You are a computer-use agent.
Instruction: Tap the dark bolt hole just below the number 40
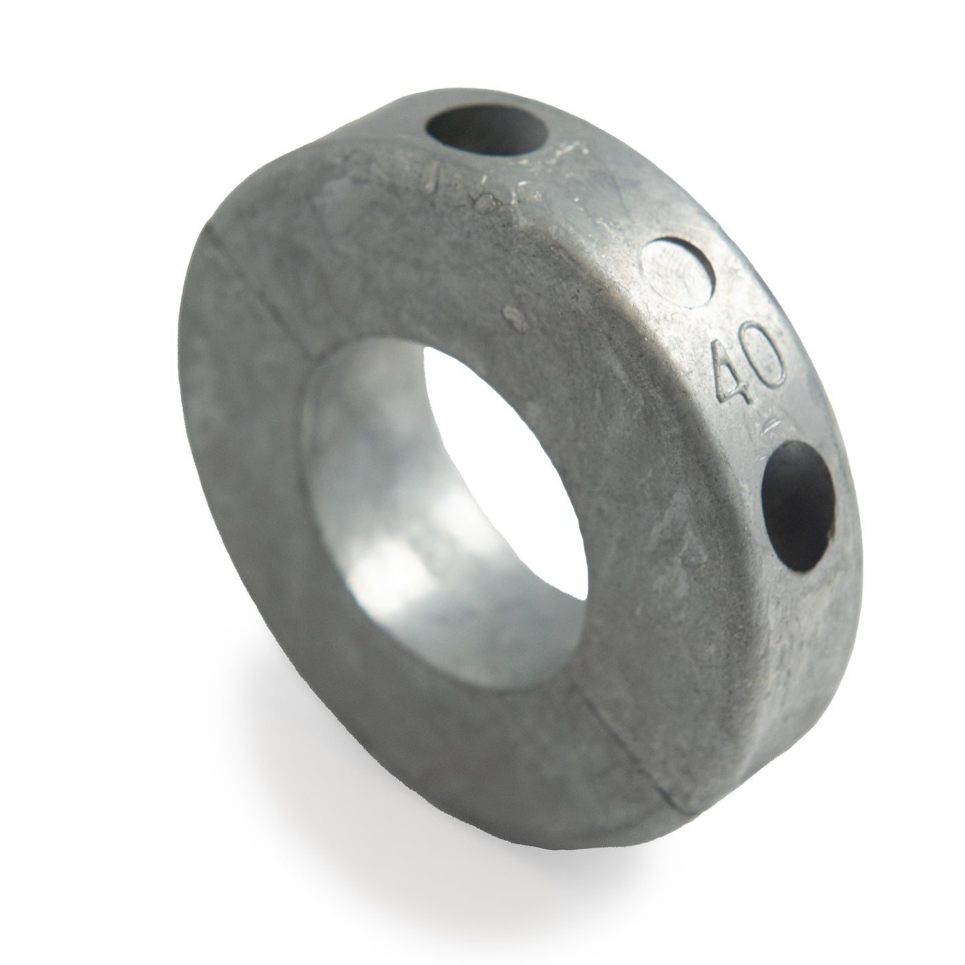coord(798,506)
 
